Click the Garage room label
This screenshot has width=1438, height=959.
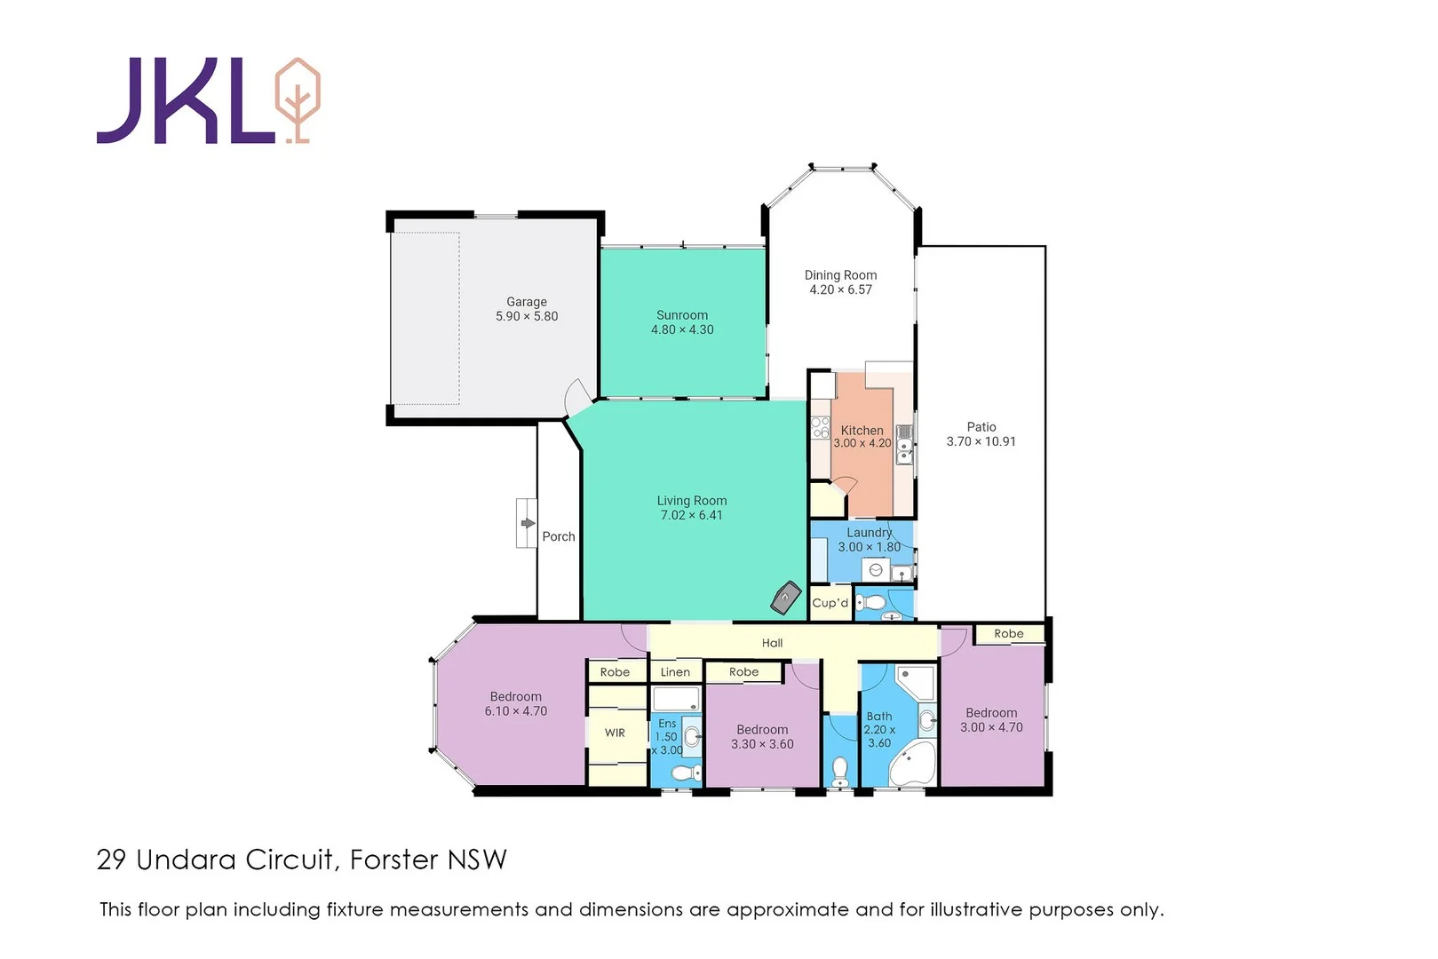527,302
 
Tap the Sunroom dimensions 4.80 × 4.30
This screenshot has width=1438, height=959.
682,329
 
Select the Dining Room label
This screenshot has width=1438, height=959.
840,275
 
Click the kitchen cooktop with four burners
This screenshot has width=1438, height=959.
820,427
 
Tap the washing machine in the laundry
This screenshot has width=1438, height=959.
876,570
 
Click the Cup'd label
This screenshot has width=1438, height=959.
830,603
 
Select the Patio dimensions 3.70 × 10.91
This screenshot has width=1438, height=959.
981,441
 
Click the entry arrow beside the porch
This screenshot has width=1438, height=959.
528,523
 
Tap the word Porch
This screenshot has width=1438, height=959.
559,536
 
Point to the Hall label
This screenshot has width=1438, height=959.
772,643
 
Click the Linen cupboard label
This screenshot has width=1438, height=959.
675,672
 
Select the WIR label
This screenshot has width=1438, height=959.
615,733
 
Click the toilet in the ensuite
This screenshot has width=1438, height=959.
686,774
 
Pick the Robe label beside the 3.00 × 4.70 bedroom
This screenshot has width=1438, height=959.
1009,634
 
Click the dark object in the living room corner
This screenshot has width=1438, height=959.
785,598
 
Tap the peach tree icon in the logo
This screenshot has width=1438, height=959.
297,99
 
